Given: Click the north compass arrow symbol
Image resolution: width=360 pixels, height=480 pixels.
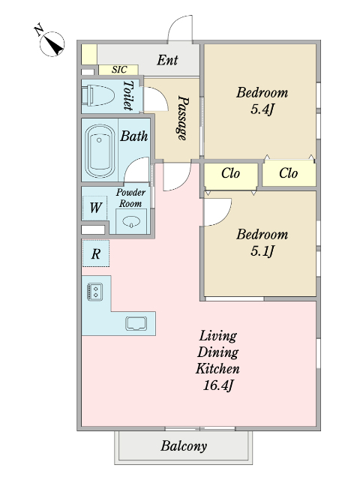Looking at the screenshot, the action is point(52,43).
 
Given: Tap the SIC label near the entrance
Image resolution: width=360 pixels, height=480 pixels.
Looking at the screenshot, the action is point(119,70).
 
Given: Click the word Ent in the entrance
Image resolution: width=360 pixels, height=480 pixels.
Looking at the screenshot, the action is point(167,60).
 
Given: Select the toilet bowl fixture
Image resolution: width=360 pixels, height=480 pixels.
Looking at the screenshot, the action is point(97,95).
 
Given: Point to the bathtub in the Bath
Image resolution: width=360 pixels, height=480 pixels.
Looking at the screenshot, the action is point(100,151).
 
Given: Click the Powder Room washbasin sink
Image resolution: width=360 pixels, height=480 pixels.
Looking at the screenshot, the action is point(132,221).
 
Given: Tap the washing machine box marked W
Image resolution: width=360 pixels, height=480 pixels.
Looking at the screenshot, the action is point(95,208).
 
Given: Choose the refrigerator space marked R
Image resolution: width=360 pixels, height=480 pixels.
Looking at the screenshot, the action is point(96,253).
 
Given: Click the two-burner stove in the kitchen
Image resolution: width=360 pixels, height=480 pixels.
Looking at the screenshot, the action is point(95,292).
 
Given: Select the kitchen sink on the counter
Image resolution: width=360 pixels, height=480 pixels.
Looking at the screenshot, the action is point(136,323).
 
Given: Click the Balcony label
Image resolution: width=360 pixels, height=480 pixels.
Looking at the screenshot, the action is point(184,446).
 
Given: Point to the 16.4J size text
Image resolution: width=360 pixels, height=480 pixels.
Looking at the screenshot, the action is point(218,385).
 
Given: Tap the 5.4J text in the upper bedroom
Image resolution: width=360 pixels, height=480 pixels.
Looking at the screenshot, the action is point(262,109).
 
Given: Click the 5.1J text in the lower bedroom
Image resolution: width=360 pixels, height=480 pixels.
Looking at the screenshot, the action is point(262,251).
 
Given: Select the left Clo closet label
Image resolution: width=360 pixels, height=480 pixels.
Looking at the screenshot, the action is point(230,173).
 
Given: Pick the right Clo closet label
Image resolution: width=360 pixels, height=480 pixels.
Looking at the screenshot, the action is point(288,173).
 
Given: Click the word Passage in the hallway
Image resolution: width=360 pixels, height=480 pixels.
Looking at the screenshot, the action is point(183,118).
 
